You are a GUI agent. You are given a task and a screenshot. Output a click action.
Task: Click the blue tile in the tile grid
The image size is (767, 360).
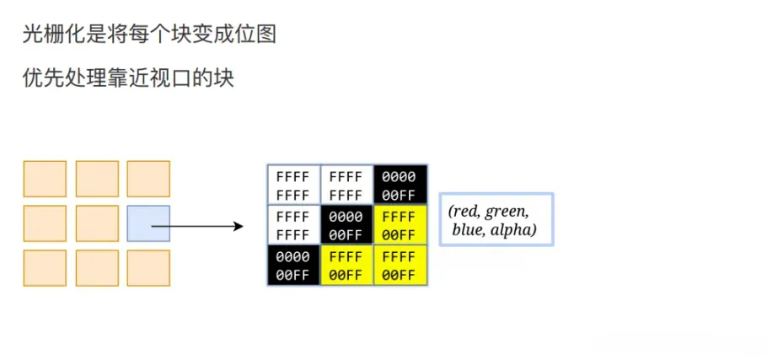148,223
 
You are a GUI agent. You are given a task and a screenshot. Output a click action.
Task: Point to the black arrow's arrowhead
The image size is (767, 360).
239,226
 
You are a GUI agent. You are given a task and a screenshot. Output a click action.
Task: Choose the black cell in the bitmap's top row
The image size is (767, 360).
400,185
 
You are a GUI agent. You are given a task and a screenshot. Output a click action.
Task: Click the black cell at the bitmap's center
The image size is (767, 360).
346,225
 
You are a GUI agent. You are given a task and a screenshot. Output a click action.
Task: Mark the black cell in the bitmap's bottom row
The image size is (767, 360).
294,265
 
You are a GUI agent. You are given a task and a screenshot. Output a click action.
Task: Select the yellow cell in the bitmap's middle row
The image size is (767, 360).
400,225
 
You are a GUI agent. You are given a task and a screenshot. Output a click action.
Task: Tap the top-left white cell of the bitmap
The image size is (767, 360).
294,185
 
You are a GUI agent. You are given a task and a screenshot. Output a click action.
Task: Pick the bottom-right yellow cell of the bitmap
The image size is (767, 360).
400,265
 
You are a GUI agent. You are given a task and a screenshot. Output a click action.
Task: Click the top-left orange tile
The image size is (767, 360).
45,179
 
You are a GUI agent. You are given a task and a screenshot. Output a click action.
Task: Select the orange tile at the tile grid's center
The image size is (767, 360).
97,223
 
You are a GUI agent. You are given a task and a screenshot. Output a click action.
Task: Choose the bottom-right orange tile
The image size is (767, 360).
148,268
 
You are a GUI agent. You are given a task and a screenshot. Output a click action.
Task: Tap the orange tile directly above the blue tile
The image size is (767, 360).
148,179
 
